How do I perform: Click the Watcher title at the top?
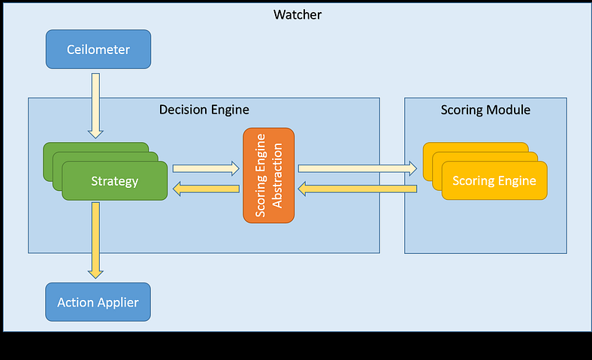(298, 14)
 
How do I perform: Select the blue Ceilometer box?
(98, 50)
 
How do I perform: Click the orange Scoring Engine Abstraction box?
(268, 175)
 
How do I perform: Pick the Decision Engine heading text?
(204, 110)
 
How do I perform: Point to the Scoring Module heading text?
(485, 110)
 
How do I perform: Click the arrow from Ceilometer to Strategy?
(95, 105)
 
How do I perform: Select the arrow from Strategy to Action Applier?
(95, 240)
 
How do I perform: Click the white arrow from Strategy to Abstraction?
(205, 169)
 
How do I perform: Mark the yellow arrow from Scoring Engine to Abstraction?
(357, 189)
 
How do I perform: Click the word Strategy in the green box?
(114, 181)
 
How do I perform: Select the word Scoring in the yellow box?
(473, 181)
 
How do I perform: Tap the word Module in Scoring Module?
(509, 110)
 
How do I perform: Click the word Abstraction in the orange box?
(276, 175)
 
